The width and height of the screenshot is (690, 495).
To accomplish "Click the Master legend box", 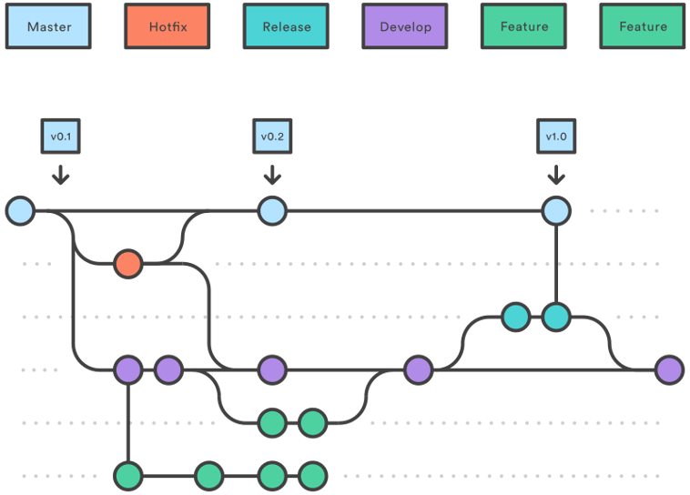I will click(x=48, y=26).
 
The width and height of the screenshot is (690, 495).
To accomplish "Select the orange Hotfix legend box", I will click(x=167, y=26).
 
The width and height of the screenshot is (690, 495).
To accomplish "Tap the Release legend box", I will click(x=286, y=26).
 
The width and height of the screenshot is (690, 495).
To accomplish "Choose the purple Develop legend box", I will click(x=405, y=26).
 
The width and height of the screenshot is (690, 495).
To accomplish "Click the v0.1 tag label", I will click(x=60, y=136).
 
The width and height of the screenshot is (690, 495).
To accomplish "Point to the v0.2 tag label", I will click(x=271, y=136).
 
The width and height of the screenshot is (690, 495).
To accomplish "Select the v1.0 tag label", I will click(x=555, y=136).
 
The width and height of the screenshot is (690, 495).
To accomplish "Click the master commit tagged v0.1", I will click(x=20, y=211).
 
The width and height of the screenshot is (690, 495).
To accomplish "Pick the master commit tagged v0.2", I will click(x=271, y=211).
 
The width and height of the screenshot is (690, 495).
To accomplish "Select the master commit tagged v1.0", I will click(x=555, y=211).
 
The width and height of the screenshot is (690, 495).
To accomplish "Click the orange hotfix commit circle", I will click(x=128, y=264).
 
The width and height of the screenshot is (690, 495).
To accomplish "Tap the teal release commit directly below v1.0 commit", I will click(x=555, y=317).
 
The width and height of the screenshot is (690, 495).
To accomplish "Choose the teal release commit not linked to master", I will click(x=515, y=317).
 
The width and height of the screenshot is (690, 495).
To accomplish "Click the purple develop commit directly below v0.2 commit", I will click(x=271, y=369).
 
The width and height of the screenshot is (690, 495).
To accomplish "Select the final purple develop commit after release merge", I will click(x=669, y=369).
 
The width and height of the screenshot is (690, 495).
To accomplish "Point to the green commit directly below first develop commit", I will click(x=128, y=475).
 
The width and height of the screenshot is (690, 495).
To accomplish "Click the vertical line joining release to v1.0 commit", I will click(x=555, y=264).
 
